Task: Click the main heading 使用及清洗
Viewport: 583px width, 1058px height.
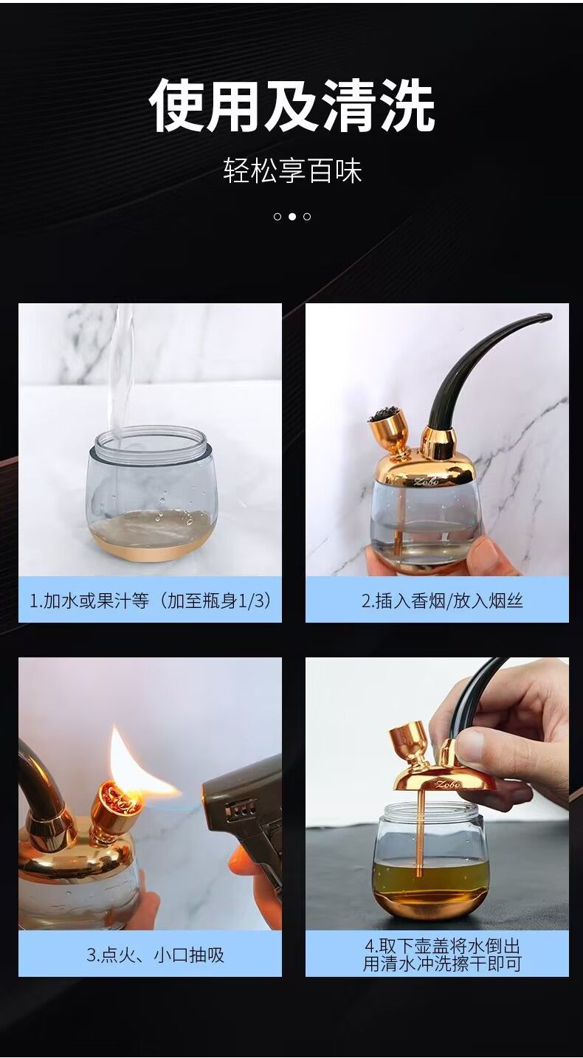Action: point(291,104)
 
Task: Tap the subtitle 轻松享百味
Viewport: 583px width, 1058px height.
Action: point(292,170)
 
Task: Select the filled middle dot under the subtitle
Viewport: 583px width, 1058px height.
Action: point(292,217)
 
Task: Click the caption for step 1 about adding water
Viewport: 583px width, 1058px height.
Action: point(151,601)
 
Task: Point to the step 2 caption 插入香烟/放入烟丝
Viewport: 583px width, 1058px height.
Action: point(442,601)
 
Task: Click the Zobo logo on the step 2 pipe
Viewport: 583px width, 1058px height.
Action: point(426,481)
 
